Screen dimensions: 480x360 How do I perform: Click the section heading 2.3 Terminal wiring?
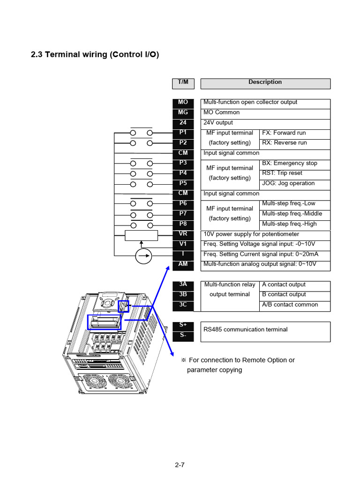point(95,55)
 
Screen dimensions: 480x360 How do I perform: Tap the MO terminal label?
point(183,103)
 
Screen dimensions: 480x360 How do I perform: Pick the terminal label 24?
point(183,123)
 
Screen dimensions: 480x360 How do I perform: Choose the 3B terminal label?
point(183,295)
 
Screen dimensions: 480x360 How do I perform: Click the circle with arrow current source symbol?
point(144,256)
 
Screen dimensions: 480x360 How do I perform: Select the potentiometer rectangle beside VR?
point(142,235)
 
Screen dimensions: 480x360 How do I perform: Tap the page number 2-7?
point(180,465)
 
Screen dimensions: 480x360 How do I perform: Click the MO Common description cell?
point(265,113)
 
